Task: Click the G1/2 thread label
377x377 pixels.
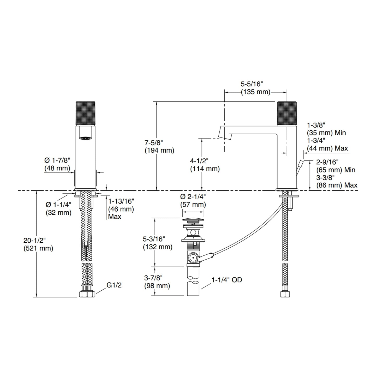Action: coord(114,285)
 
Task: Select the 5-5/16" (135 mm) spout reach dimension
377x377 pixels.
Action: coord(255,88)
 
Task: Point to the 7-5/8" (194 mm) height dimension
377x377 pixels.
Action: coord(159,147)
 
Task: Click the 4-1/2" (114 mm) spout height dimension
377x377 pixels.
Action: coord(205,165)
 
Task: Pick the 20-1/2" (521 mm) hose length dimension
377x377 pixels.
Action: coord(38,244)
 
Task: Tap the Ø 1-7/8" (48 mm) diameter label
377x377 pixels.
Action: coord(57,164)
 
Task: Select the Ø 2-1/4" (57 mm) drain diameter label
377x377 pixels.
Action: coord(193,201)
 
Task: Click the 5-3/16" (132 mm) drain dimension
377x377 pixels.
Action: coord(158,243)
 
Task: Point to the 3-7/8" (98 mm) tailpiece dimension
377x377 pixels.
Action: coord(157,282)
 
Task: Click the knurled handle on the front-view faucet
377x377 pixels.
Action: coord(85,113)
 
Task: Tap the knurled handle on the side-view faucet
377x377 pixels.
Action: coord(287,113)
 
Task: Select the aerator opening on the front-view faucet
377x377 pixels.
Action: coord(85,138)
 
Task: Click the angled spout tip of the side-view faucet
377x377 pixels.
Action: coord(225,133)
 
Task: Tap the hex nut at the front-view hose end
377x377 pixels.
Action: coord(87,294)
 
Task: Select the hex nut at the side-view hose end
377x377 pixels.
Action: coord(285,294)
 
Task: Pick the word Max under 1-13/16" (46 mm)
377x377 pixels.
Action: coord(115,217)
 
